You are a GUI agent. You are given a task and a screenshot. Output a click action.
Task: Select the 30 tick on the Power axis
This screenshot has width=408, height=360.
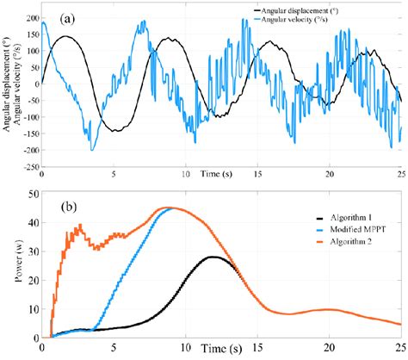pos(32,251)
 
